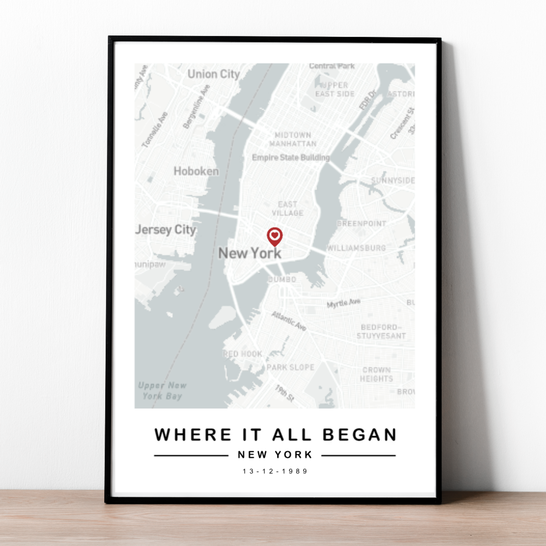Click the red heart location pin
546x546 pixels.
click(x=274, y=237)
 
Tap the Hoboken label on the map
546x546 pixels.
click(x=196, y=172)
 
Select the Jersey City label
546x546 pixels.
click(x=166, y=230)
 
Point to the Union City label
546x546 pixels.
click(x=213, y=74)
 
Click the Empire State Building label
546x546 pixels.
click(x=291, y=157)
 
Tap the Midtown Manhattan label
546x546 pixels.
click(x=293, y=139)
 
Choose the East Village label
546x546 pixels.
click(x=288, y=208)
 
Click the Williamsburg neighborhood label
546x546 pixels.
click(x=356, y=248)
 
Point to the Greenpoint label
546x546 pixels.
click(x=362, y=223)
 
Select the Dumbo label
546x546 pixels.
click(x=282, y=279)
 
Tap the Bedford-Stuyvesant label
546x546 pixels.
click(x=381, y=331)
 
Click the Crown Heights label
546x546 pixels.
click(x=376, y=374)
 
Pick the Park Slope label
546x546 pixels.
click(x=290, y=367)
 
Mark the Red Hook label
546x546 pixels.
click(x=243, y=354)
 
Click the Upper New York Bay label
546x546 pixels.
click(x=162, y=390)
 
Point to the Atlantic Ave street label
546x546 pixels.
click(x=289, y=320)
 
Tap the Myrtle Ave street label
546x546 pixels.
click(x=344, y=303)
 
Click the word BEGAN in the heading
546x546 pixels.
click(x=359, y=435)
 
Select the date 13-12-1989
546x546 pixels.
click(x=275, y=471)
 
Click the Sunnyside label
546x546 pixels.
click(x=393, y=180)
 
